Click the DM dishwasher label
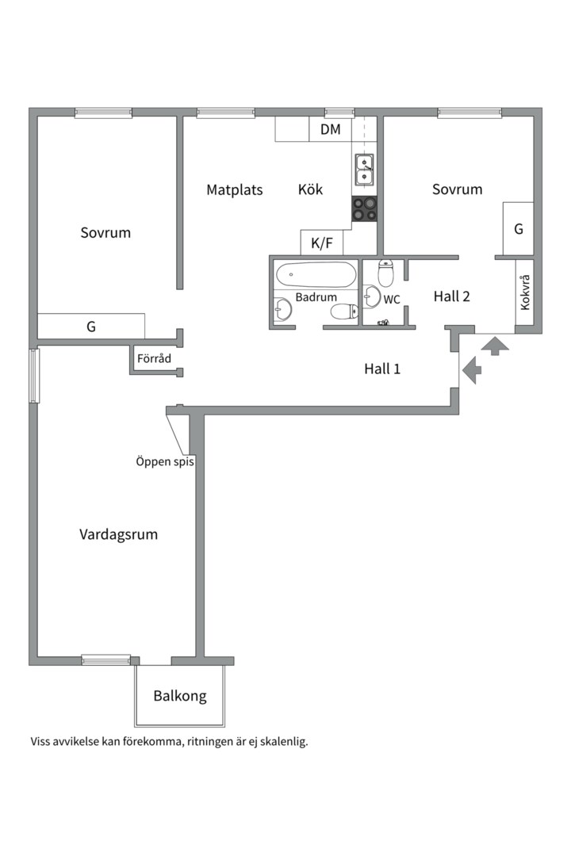pyautogui.click(x=330, y=129)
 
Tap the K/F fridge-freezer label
pyautogui.click(x=322, y=243)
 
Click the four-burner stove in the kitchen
pyautogui.click(x=364, y=209)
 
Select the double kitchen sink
pyautogui.click(x=365, y=170)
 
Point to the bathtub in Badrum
pyautogui.click(x=316, y=274)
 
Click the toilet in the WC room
pyautogui.click(x=385, y=273)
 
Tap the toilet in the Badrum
pyautogui.click(x=344, y=311)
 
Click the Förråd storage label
pyautogui.click(x=154, y=359)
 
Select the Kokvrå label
pyautogui.click(x=525, y=292)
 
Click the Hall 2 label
pyautogui.click(x=452, y=296)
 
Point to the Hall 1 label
pyautogui.click(x=382, y=369)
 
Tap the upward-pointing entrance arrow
pyautogui.click(x=495, y=346)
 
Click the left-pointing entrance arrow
pyautogui.click(x=472, y=370)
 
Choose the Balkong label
pyautogui.click(x=180, y=696)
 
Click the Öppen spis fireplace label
pyautogui.click(x=165, y=461)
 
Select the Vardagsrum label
pyautogui.click(x=119, y=534)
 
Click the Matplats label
pyautogui.click(x=235, y=190)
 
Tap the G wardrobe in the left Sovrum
pyautogui.click(x=90, y=327)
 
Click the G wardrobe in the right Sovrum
pyautogui.click(x=518, y=228)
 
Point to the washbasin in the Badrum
pyautogui.click(x=282, y=310)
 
